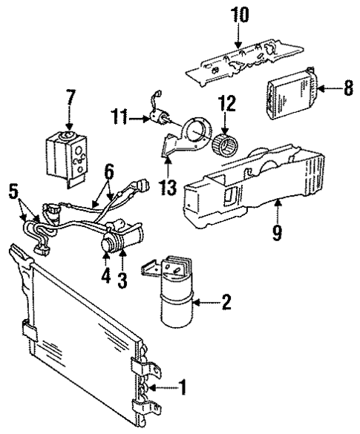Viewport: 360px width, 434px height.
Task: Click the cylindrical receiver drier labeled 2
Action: tap(175, 304)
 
